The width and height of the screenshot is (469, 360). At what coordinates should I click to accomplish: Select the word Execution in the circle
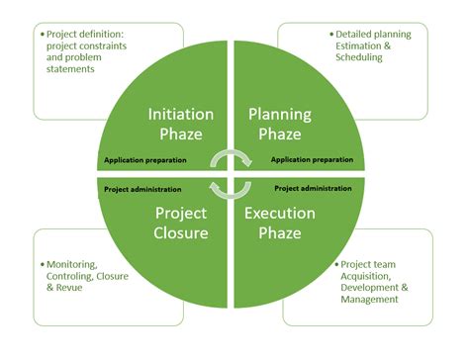281,213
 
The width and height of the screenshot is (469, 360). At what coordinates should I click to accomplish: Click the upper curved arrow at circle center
233,156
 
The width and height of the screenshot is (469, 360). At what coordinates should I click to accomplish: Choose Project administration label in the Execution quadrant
314,188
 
